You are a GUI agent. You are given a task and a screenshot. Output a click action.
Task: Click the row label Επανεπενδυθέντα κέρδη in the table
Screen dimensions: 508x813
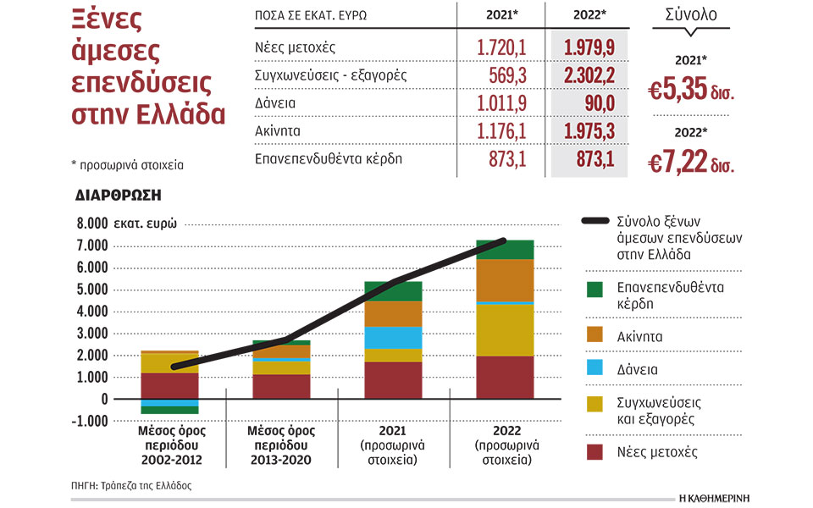click(316, 158)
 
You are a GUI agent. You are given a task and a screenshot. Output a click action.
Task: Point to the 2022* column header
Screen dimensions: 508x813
click(589, 14)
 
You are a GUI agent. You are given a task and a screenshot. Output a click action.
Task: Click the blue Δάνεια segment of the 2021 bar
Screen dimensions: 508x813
click(394, 337)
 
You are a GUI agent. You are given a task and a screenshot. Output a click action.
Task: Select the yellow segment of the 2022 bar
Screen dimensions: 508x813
click(505, 329)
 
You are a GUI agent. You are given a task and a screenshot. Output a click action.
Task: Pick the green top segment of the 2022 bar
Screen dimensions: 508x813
click(505, 249)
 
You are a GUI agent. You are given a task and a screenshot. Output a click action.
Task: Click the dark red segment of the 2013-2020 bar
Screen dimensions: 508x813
click(282, 386)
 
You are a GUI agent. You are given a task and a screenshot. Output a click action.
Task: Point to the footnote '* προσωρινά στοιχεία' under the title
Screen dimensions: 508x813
click(128, 165)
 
